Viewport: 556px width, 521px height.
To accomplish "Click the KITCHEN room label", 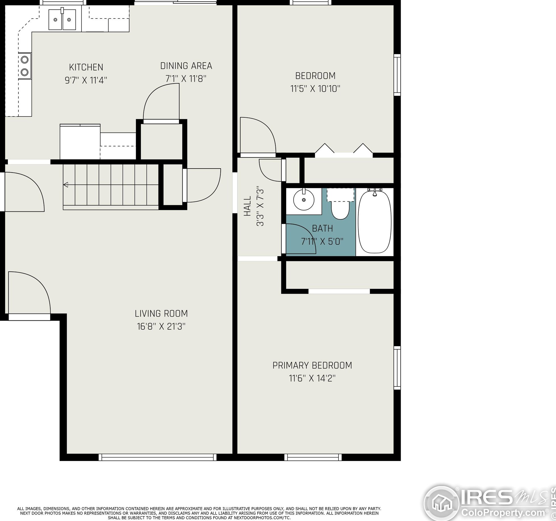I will point(86,67).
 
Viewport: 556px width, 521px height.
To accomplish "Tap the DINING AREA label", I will point(186,66).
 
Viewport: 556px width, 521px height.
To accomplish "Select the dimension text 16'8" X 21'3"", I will point(161,327).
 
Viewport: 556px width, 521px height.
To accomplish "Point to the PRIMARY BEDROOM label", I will point(312,366).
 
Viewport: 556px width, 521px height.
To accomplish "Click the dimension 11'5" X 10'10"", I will point(315,89).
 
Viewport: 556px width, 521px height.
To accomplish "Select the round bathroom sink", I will point(304,200).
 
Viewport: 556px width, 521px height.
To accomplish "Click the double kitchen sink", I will point(62,20).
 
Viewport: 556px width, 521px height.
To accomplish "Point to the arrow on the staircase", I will point(66,185).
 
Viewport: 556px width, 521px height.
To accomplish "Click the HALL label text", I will point(248,206).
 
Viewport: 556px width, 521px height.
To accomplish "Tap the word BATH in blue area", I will point(322,229).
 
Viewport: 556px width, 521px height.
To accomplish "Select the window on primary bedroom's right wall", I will point(397,368).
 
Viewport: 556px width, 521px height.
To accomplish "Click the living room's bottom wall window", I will point(157,457).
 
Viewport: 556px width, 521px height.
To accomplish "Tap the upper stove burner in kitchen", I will point(25,60).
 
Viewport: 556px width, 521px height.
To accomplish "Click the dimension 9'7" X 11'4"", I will point(86,80).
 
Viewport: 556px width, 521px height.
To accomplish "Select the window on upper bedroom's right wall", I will point(397,75).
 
